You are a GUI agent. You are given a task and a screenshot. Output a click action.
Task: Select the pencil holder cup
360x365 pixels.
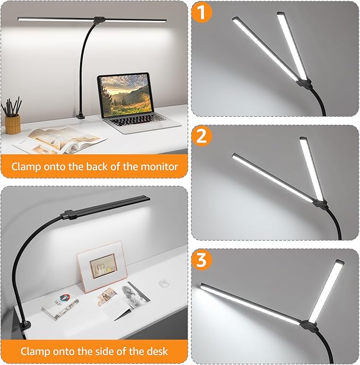point(13,124)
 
